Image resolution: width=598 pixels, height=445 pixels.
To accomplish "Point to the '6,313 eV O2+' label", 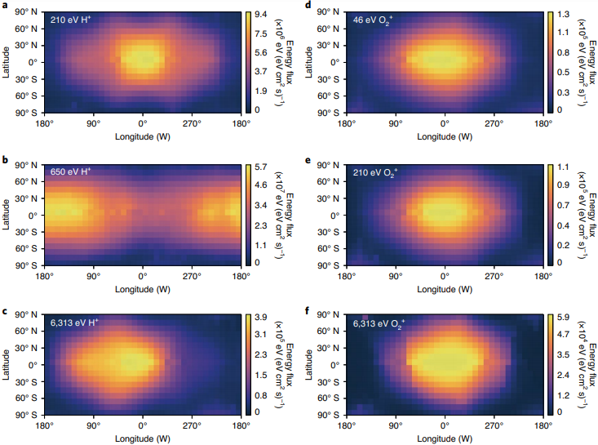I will (382, 323).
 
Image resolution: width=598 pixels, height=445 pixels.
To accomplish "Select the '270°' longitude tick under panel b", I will (193, 276).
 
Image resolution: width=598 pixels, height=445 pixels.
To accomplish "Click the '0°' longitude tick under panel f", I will (445, 426).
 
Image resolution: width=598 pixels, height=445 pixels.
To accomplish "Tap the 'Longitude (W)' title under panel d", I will (444, 136).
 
